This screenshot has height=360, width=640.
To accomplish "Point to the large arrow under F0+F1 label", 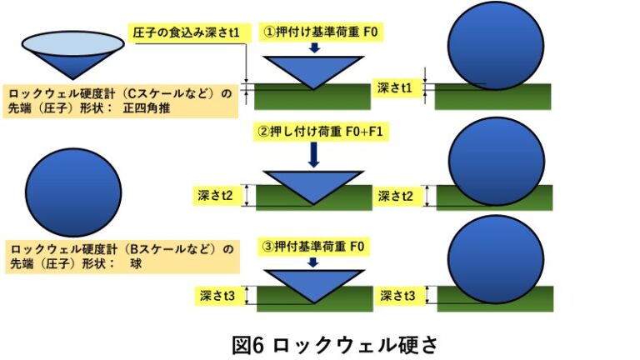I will tap(313, 154).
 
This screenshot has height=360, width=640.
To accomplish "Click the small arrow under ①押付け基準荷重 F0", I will tap(313, 49).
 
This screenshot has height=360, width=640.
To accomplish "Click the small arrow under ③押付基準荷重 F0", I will tap(313, 262).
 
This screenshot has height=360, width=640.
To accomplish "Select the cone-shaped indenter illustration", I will tap(62, 54).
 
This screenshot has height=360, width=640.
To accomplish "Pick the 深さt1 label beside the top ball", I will tap(395, 87).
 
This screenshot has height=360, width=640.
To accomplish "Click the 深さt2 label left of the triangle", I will tap(217, 196).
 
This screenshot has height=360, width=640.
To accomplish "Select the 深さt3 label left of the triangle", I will tap(217, 295).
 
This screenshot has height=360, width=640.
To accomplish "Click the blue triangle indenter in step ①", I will tap(313, 70).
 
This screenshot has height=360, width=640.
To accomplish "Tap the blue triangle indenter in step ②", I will tap(313, 185).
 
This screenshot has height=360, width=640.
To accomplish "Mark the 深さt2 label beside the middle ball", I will tap(395, 196).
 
